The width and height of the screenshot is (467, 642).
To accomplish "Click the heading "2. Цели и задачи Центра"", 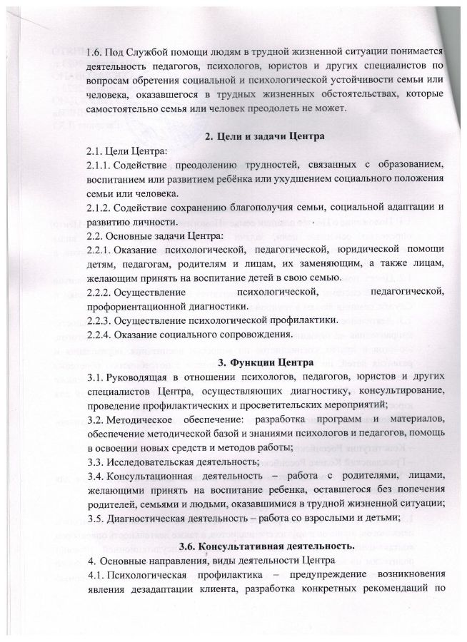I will point(266,136).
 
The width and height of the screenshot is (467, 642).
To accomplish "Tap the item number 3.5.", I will point(94,504).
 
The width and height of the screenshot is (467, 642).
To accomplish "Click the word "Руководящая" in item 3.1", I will point(144,375).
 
